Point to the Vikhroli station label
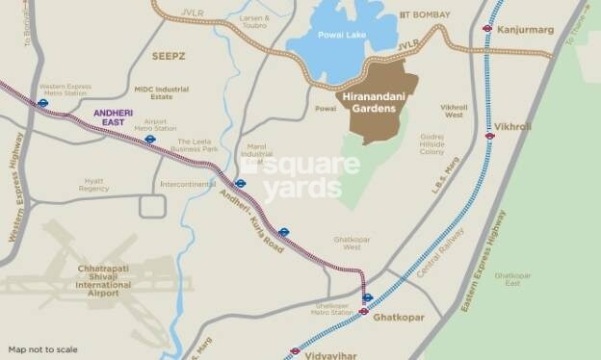pyautogui.click(x=512, y=126)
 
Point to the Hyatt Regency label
pyautogui.click(x=94, y=185)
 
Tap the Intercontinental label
pyautogui.click(x=189, y=183)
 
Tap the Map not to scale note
pyautogui.click(x=43, y=349)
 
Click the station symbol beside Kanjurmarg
pyautogui.click(x=487, y=29)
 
